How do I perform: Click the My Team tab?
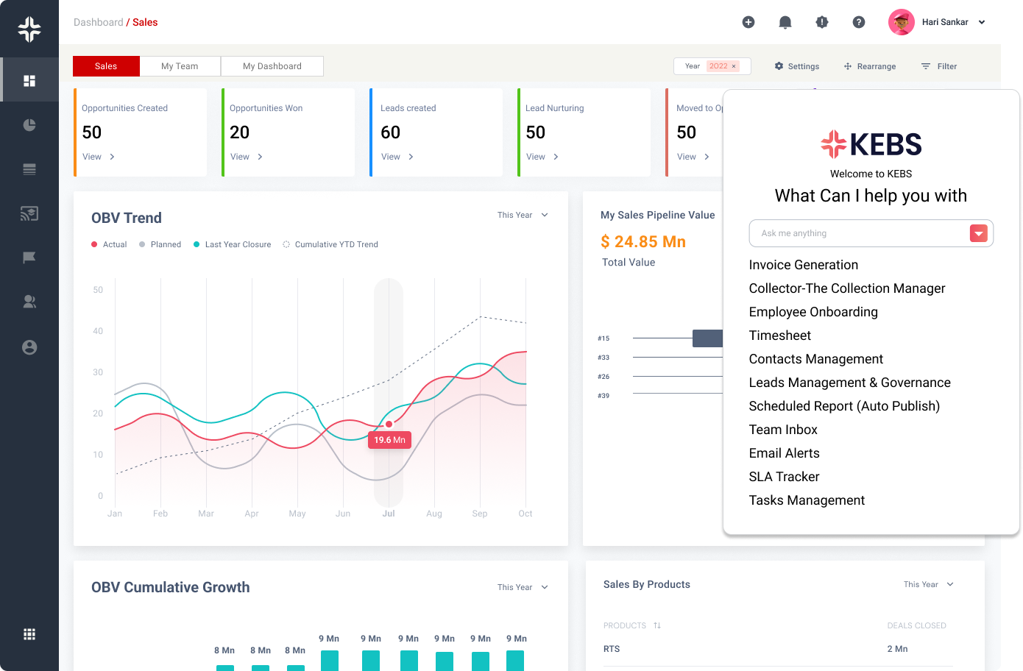(180, 66)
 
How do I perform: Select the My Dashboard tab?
(272, 66)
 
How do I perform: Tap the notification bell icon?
(785, 23)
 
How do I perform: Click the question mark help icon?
(859, 23)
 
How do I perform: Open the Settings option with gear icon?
(797, 66)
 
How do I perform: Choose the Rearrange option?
(870, 66)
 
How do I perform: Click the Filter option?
(939, 66)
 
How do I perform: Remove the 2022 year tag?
(734, 66)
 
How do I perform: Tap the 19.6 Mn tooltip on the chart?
(389, 440)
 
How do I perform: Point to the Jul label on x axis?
(389, 514)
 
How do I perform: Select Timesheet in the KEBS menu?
(780, 335)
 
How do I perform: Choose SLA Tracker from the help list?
(784, 477)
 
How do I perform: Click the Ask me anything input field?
(857, 233)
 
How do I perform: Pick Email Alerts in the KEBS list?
(784, 453)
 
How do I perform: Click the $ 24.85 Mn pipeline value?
(643, 242)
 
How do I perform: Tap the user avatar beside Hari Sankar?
(902, 22)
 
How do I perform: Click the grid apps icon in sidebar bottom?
(29, 634)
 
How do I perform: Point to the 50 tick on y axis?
(98, 290)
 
